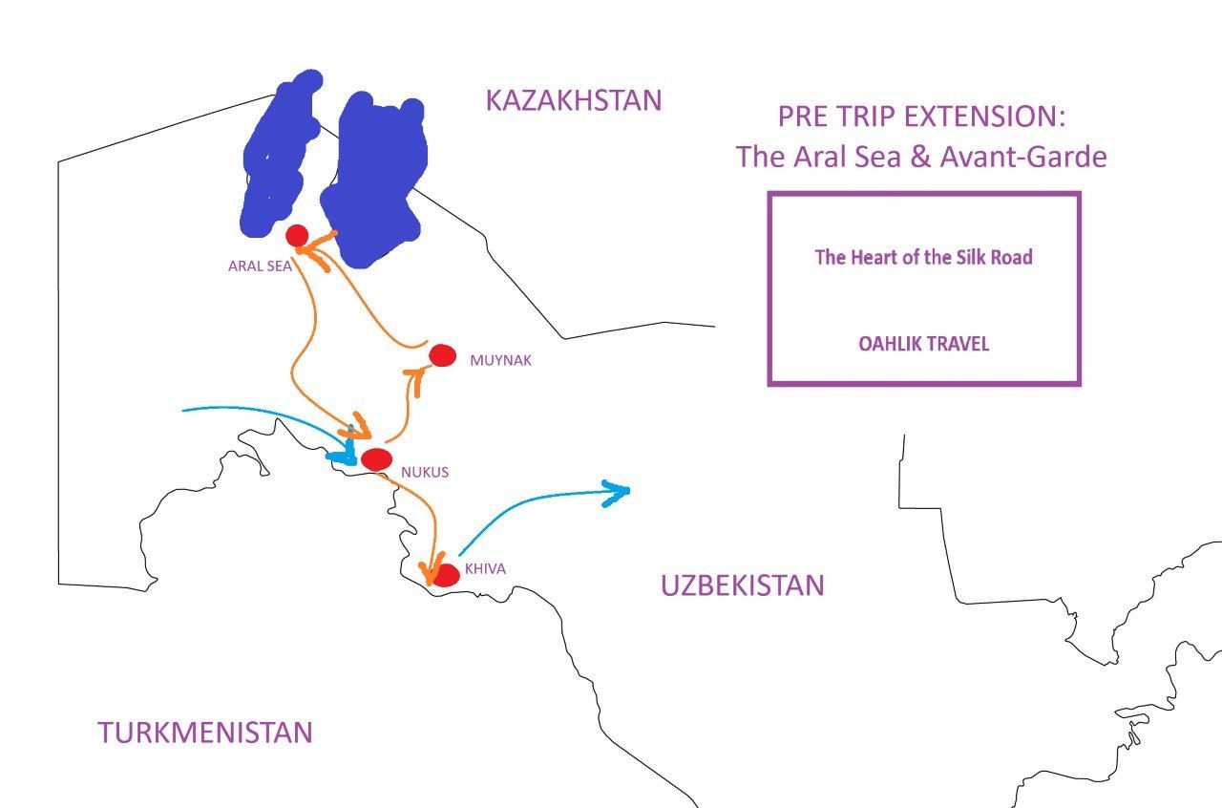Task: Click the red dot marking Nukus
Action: (376, 459)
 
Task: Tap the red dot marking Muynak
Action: (442, 355)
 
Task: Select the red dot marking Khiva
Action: (445, 575)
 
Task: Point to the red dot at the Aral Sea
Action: (296, 235)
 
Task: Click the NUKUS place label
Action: (425, 472)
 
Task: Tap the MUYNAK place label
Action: (500, 361)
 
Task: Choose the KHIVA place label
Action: (485, 569)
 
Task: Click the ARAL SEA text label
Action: (259, 266)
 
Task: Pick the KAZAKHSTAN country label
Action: (573, 100)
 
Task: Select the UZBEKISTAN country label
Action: (742, 585)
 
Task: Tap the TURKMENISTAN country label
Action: (205, 733)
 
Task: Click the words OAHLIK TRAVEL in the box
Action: (924, 344)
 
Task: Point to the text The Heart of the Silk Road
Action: (923, 257)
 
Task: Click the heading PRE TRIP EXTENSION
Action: (920, 117)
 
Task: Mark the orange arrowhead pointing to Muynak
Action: (416, 372)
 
